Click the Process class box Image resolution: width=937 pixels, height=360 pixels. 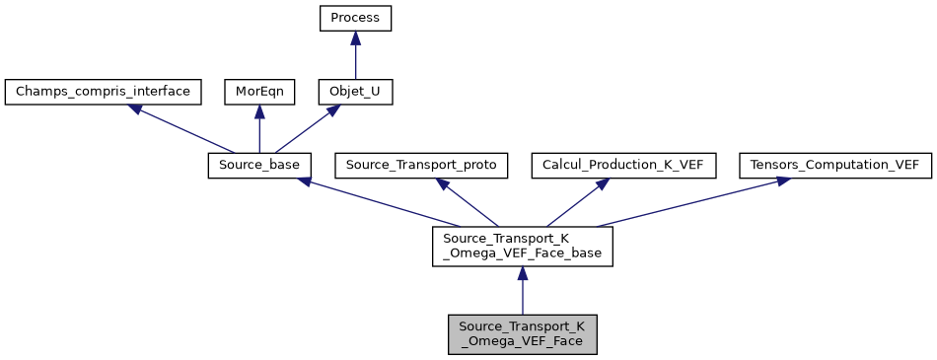coord(355,19)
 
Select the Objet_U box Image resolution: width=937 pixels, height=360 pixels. coord(355,93)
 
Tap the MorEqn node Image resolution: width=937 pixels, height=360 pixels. coord(258,93)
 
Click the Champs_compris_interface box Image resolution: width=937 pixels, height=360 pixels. coord(104,93)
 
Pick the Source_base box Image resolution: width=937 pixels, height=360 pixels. coord(260,166)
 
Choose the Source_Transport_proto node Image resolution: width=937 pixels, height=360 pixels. coord(422,166)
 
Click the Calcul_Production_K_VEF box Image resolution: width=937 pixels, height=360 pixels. coord(623,166)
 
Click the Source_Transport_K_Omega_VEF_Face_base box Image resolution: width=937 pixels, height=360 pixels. coord(523,247)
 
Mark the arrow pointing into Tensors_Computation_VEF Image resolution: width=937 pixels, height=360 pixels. coord(690,202)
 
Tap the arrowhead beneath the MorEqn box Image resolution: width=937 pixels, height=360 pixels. coord(259,113)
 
